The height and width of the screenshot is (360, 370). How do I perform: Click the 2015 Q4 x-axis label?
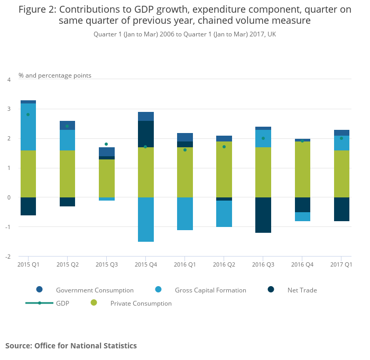tap(145, 264)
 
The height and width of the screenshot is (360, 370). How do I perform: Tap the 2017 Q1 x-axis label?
tap(341, 264)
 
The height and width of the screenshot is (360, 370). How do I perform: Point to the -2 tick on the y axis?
tap(8, 257)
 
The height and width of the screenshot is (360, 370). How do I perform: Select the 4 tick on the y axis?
tap(8, 80)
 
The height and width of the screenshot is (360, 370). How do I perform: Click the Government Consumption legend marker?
tap(40, 290)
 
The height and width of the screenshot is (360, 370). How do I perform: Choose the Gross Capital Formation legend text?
tap(211, 290)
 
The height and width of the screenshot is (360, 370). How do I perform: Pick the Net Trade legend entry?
tap(302, 290)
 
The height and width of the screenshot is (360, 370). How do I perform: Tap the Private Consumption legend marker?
tap(94, 303)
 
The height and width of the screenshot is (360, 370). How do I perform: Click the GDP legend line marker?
tap(40, 303)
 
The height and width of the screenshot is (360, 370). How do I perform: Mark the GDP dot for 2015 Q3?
tap(106, 144)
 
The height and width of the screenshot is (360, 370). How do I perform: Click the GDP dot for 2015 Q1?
tap(28, 115)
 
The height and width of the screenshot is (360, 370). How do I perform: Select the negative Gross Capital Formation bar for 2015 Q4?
tap(145, 220)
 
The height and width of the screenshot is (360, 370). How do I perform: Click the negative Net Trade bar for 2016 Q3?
tap(263, 215)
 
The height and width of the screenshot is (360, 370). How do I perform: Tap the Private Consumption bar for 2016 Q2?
tap(224, 169)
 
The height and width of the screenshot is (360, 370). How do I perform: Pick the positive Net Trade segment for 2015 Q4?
tap(145, 134)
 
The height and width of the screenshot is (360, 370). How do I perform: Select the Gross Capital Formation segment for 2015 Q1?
tap(28, 127)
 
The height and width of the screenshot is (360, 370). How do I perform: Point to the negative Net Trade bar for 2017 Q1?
tap(341, 209)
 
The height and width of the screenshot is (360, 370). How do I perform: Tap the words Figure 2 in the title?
tap(38, 10)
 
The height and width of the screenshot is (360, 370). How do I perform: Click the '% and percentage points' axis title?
tap(55, 75)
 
